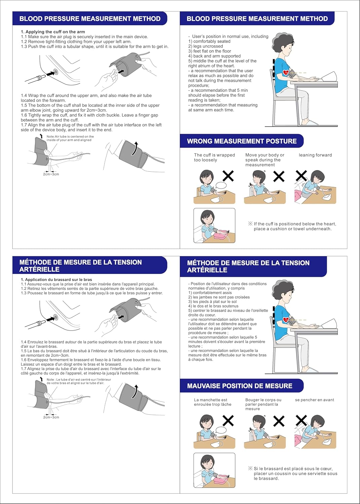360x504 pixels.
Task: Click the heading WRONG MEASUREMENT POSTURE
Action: (241, 141)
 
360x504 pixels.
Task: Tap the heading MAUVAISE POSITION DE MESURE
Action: (239, 386)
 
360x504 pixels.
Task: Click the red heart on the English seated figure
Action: (286, 72)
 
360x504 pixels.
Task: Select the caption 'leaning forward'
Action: (315, 155)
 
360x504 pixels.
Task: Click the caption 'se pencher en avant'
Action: (314, 400)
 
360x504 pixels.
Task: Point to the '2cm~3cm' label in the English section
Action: (51, 174)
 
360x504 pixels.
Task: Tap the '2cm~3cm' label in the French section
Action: (51, 417)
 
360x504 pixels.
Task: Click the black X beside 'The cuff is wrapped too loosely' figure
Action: (228, 176)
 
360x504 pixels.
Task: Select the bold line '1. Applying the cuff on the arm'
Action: (53, 32)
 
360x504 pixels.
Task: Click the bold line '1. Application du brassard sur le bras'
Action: (56, 279)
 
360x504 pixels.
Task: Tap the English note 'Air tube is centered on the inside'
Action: (70, 138)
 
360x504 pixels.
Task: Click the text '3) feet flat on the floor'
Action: (209, 51)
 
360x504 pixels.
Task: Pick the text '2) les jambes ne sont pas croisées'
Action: (219, 297)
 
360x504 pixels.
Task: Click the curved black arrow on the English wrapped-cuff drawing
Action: (135, 148)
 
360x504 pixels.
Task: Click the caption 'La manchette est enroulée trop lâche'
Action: (212, 402)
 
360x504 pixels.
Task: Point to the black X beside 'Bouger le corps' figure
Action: (279, 421)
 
